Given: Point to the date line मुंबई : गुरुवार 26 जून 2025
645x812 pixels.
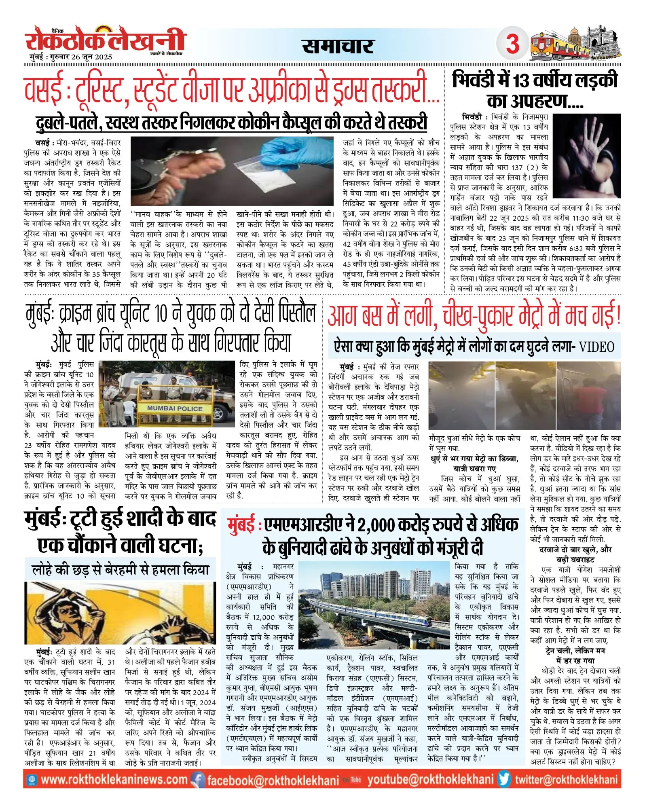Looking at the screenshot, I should [71, 57].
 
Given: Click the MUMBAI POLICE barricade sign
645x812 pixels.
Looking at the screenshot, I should [175, 408].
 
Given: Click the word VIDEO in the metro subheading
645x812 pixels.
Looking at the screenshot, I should [596, 347].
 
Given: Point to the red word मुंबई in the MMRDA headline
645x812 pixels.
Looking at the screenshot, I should [241, 525].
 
